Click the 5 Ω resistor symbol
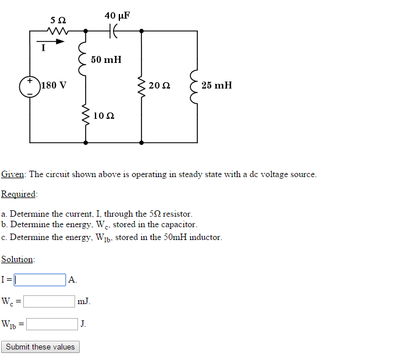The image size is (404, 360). [x=59, y=31]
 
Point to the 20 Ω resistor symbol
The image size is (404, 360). [x=141, y=86]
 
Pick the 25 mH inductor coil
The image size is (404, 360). [x=195, y=86]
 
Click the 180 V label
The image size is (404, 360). [x=54, y=86]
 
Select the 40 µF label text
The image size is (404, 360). [x=117, y=15]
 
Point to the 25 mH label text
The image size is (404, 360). [x=217, y=86]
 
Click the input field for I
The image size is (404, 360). [x=39, y=280]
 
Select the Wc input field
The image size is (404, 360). [x=49, y=302]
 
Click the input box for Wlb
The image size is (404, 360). [x=52, y=324]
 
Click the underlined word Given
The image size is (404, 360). [x=13, y=174]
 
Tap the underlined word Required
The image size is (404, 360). [x=19, y=194]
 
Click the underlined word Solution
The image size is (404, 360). [x=17, y=259]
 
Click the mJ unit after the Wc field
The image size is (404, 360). [x=84, y=302]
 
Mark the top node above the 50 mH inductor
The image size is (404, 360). [x=86, y=31]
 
